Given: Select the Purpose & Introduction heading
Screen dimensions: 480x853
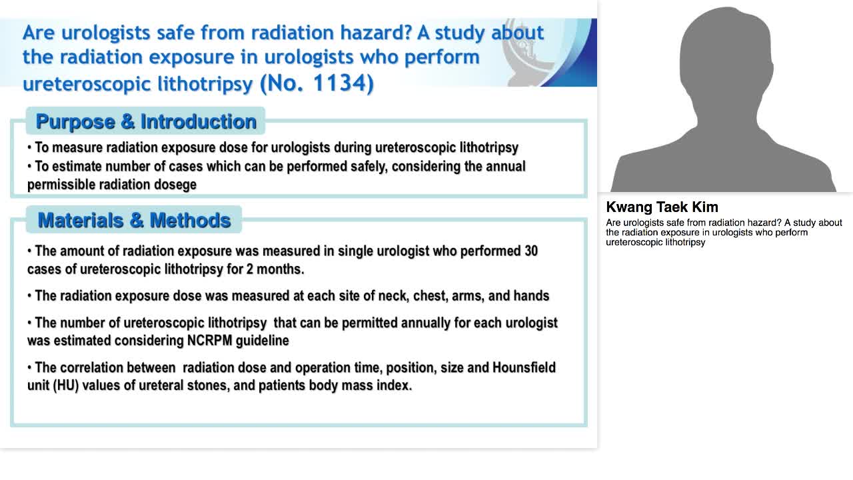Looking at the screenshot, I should pos(146,121).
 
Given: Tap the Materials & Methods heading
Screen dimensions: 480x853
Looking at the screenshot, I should pos(134,220).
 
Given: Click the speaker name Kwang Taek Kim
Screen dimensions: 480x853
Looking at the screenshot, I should pos(662,207).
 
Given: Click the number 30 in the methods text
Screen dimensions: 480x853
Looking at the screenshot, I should pos(530,251).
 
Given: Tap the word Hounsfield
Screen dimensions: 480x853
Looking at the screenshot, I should pos(524,368).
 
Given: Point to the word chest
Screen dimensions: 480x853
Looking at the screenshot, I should pos(430,296).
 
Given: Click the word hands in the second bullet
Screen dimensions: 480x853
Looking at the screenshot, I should pos(530,296).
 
